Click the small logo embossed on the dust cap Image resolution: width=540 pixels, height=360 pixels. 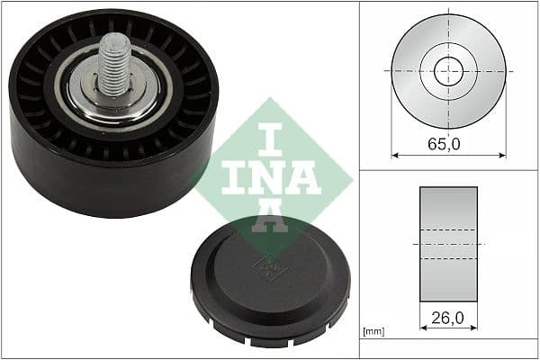[266, 266]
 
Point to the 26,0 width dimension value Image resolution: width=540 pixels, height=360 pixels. [447, 318]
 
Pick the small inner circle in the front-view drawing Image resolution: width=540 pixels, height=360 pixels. [448, 71]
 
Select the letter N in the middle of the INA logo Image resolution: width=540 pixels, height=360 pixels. [268, 175]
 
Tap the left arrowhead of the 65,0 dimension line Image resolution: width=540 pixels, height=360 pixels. [393, 155]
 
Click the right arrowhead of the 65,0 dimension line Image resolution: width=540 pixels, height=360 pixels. [503, 155]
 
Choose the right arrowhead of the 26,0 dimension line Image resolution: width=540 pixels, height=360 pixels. [475, 328]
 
